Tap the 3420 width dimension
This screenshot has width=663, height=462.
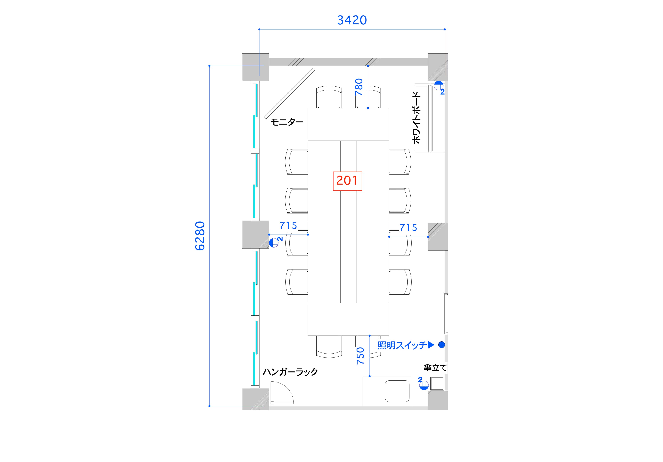click(352, 20)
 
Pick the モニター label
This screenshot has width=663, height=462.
click(287, 122)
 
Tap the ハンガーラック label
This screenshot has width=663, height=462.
click(290, 372)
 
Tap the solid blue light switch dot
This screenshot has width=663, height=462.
click(441, 345)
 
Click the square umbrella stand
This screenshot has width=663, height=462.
click(437, 383)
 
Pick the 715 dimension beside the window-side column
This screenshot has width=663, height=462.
click(288, 226)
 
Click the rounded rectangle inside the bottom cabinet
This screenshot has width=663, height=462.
click(397, 391)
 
